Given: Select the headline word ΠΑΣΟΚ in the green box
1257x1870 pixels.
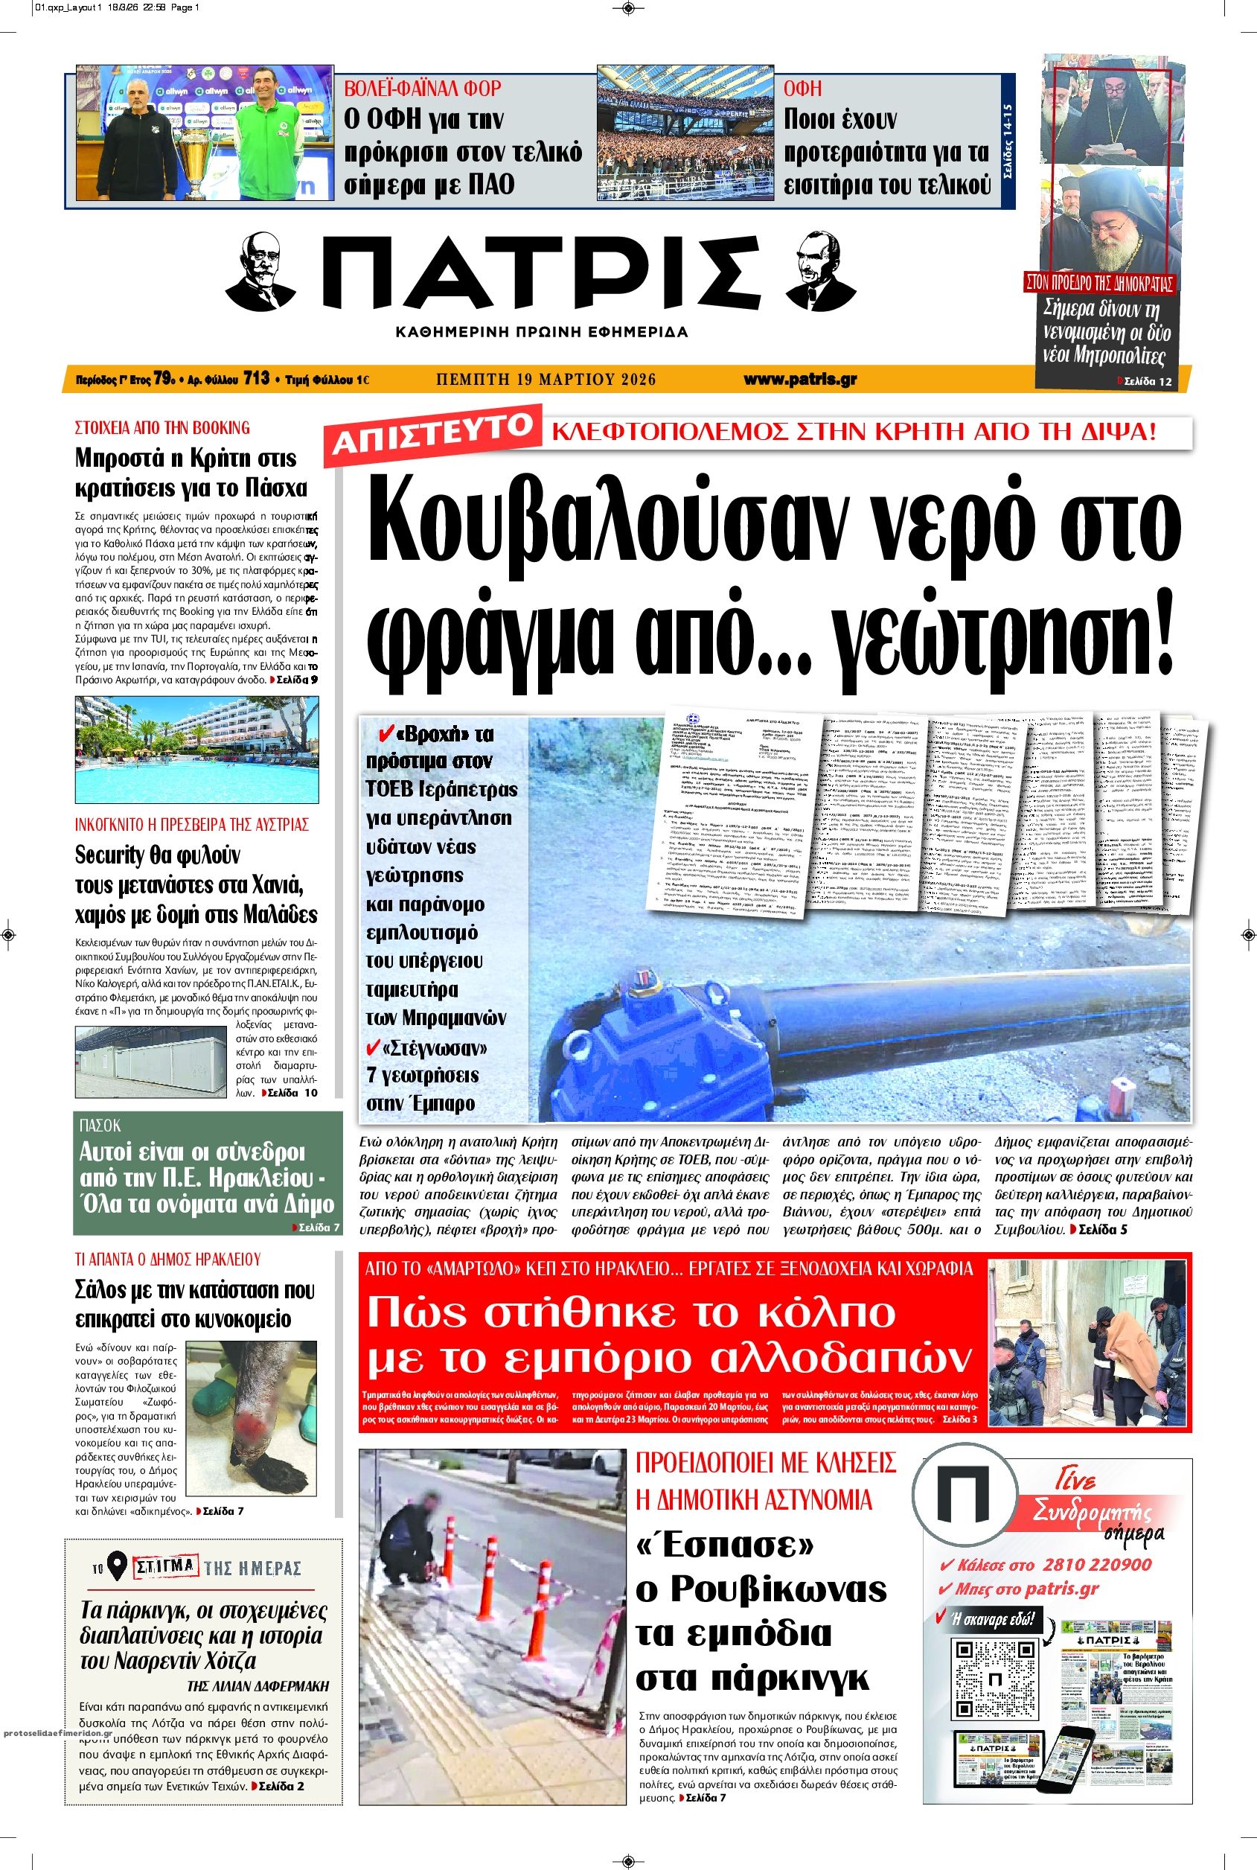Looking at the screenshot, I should (100, 1126).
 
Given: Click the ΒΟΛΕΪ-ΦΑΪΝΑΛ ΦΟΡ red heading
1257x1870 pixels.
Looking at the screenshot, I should (423, 88).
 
